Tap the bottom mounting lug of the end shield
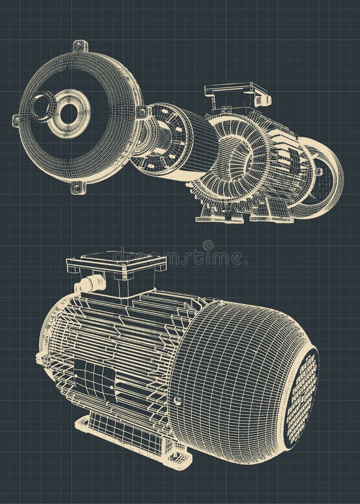coord(78,188)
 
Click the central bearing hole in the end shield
coord(69,114)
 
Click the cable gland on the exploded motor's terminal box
coord(263,100)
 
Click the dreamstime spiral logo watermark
coord(208,245)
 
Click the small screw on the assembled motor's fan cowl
coord(177,401)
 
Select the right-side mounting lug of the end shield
coord(143,112)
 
